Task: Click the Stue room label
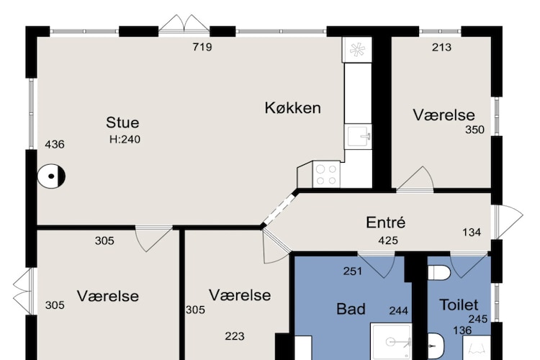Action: (122, 122)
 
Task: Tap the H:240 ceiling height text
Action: (125, 139)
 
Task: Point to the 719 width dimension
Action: (202, 48)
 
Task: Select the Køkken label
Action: (292, 108)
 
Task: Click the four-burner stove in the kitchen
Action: (327, 174)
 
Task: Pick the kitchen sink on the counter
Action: (357, 135)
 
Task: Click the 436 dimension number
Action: (55, 144)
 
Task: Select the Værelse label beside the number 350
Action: (444, 115)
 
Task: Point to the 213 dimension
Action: (441, 48)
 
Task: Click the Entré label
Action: (386, 222)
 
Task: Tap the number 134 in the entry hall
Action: (472, 232)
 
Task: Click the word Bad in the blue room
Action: (351, 309)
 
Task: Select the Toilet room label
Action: (459, 305)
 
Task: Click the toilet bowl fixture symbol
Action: (438, 272)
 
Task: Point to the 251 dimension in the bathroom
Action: (351, 271)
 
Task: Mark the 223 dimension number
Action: (235, 336)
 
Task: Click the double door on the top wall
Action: (184, 25)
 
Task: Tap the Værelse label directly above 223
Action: (240, 295)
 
